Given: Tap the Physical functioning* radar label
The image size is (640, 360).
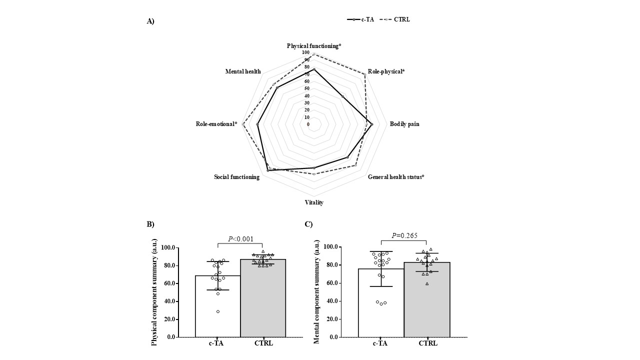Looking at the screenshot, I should point(314,46).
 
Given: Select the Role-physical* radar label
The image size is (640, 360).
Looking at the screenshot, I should point(386,71).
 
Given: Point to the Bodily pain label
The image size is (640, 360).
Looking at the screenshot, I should point(404,124).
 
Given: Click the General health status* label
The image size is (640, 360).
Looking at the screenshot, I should point(396,177).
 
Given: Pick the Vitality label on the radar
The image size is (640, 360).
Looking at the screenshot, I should point(314,202).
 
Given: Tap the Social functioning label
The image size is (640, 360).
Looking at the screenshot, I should point(236,177).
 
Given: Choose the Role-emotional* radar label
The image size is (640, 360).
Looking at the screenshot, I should point(216,124).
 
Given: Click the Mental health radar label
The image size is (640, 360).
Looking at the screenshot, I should point(243,71).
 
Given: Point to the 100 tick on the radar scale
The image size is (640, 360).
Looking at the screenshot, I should point(305,52).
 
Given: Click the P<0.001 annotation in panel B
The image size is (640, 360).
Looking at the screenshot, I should point(240,239).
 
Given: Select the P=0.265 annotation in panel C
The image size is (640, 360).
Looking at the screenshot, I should point(404,236).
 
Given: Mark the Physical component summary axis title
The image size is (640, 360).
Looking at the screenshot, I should point(154,292).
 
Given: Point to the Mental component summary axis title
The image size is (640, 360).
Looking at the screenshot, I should point(317,291).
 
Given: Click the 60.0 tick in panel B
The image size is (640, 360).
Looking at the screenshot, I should point(168,283).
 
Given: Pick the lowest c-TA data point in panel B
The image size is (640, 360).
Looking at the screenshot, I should point(218,311).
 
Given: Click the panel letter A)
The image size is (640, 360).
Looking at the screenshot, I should point(150,21).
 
